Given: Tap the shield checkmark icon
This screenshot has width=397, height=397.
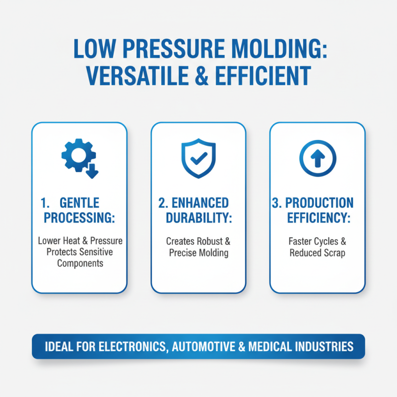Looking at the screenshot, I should (198, 158).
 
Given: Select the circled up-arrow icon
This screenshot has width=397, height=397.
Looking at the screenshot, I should (318, 158).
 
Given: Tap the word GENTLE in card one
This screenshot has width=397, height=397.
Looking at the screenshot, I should (79, 202).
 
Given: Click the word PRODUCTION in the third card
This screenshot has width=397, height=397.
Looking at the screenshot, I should (320, 202).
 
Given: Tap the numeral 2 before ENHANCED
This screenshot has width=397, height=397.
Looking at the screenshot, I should (162, 202).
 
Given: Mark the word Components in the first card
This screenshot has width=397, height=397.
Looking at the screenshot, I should (80, 263).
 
